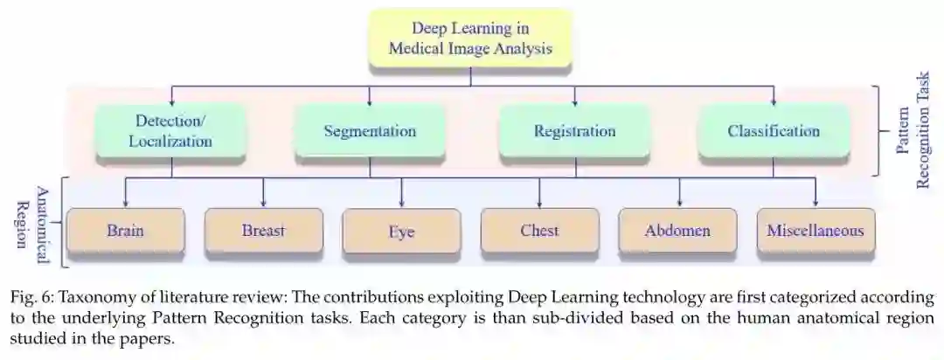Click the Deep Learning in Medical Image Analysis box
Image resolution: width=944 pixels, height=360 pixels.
[x=471, y=38]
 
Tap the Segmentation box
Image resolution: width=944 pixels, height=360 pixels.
[x=370, y=131]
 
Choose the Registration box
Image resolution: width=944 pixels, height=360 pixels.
[x=574, y=131]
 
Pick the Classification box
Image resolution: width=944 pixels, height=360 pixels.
[x=774, y=131]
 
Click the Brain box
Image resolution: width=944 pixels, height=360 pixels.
[x=125, y=232]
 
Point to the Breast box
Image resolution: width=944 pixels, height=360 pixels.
[x=263, y=232]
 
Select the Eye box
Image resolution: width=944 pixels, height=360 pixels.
[x=401, y=232]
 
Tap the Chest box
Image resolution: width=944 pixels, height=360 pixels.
[x=539, y=232]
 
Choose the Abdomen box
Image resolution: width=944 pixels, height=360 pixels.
[x=677, y=232]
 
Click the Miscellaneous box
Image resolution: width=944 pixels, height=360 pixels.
[x=816, y=232]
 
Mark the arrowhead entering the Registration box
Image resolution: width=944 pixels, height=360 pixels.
[x=574, y=101]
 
